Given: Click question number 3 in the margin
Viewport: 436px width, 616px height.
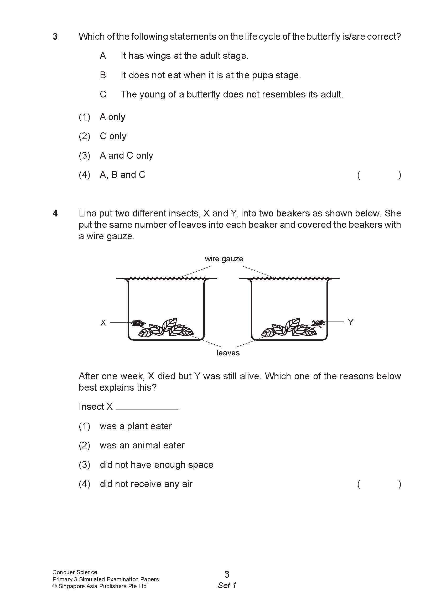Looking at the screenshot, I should pos(55,37).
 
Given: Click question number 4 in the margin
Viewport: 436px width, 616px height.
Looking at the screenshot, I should pos(55,213).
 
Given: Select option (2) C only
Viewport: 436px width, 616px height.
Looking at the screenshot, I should pos(113,136).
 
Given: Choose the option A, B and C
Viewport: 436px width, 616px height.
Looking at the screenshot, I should pos(122,175).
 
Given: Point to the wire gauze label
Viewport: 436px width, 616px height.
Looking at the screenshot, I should pos(224,259).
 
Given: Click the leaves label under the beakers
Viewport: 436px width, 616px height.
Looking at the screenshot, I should pos(228,353).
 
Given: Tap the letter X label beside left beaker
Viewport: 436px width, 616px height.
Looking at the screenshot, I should pos(103,323).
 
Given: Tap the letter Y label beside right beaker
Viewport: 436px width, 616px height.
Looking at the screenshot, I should pos(350,322).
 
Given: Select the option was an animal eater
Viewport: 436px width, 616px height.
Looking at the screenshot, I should pos(142,446).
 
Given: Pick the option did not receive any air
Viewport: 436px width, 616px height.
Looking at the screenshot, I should pos(146,484).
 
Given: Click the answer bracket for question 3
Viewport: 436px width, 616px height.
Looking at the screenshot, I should pos(379,175).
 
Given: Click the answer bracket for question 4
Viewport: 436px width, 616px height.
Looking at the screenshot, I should pos(379,484).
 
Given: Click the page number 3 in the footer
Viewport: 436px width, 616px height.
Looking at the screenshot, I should pos(227,574).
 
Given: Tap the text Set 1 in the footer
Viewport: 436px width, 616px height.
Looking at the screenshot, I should pos(227,586).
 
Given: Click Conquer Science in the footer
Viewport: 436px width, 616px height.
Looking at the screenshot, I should pos(75,572).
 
